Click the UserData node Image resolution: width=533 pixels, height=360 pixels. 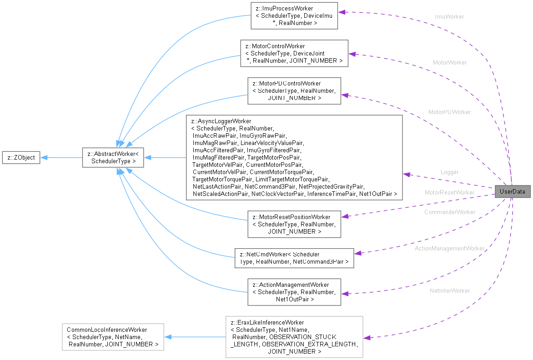point(512,192)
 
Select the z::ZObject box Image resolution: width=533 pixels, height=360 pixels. point(21,158)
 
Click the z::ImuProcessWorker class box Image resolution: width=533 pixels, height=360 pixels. point(294,16)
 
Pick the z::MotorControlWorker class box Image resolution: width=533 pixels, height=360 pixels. point(294,53)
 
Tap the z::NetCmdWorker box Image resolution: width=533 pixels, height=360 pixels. point(294,257)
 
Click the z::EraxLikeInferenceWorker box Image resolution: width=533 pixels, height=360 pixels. point(294,336)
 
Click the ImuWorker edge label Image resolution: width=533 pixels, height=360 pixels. point(449,17)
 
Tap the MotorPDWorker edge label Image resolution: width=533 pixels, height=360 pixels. point(449,112)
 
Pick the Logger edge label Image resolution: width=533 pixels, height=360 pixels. point(449,172)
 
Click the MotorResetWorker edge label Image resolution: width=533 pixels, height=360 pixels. point(449,192)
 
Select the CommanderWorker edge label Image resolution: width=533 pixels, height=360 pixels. point(449,212)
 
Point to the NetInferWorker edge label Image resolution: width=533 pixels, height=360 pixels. point(449,290)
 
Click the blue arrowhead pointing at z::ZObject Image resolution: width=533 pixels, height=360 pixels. point(44,158)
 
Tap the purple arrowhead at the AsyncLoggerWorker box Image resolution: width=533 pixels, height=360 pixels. point(407,174)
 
